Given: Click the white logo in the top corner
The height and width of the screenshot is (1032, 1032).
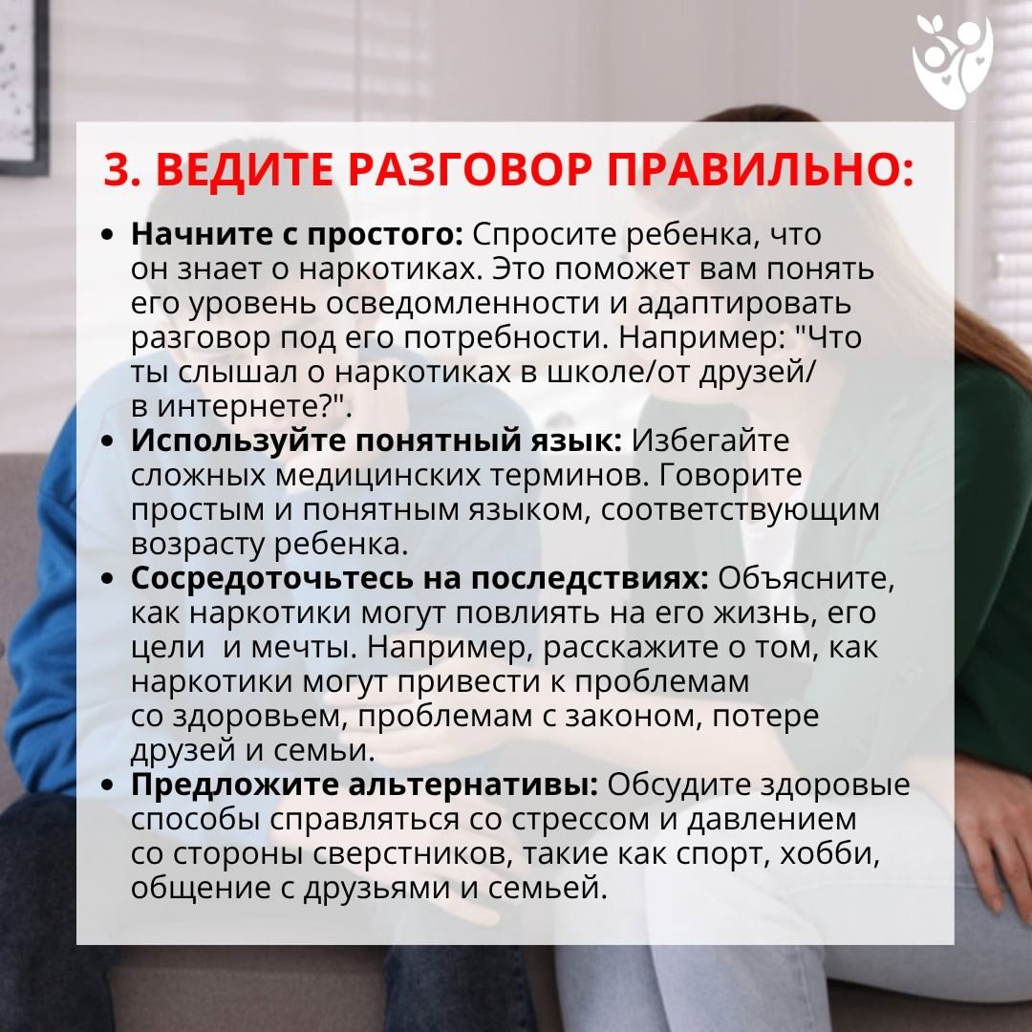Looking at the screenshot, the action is tap(953, 62).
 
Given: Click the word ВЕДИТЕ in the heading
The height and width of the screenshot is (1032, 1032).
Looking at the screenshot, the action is tap(245, 170).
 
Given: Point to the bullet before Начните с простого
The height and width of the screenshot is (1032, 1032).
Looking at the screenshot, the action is tap(108, 235).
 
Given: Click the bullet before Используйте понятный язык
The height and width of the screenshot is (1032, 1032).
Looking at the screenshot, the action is tap(108, 441).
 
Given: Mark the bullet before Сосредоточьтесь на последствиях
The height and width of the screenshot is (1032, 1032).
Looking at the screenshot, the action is tap(108, 579).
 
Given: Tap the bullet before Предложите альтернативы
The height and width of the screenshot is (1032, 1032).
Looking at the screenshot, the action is tap(108, 785).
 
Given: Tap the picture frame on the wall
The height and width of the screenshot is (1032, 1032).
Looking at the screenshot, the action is tap(24, 86).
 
